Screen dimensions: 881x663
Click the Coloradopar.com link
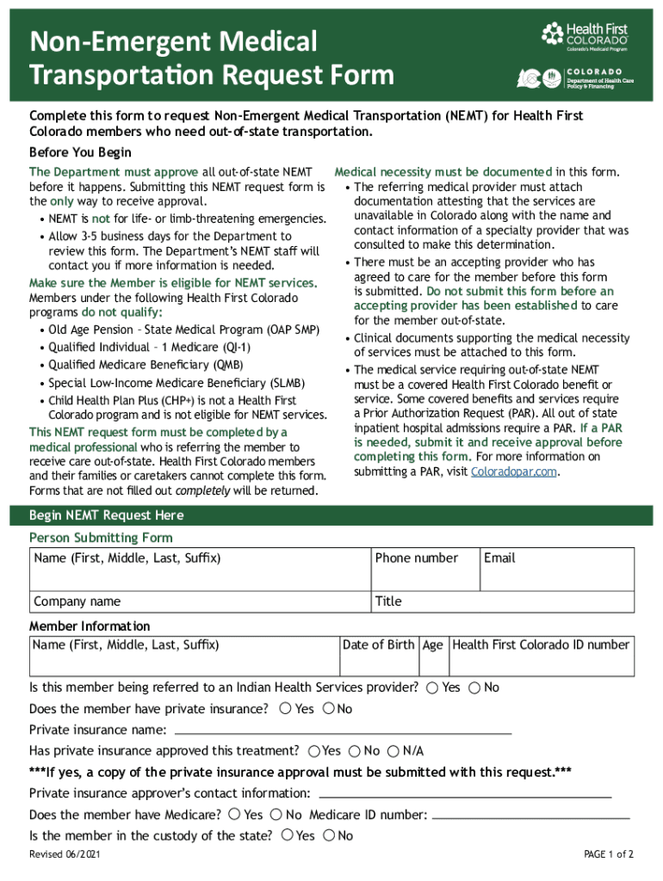(509, 471)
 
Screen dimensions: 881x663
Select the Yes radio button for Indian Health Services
(432, 687)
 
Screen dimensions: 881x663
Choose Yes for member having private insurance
(285, 709)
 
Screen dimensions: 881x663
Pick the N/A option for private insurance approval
(393, 751)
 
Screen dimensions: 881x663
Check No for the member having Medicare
(276, 815)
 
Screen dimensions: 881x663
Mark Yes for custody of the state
(287, 835)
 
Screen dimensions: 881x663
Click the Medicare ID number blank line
(530, 816)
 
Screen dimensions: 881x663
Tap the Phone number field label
(417, 558)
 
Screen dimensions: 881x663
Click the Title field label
(388, 601)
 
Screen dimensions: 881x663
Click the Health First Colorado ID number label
(541, 645)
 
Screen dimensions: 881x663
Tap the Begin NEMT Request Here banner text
(106, 515)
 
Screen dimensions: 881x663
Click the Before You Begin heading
(80, 152)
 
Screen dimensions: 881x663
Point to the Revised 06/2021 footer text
(65, 854)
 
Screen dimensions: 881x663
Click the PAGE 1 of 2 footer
(608, 854)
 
